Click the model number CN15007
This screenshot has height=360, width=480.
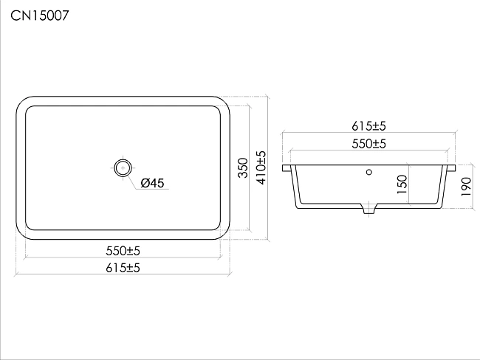coord(40,15)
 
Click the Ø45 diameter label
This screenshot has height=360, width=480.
coord(152,183)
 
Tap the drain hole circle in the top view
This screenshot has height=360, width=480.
coord(123,168)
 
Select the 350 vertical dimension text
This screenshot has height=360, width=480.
coord(243,167)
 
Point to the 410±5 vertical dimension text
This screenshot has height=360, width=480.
coord(261,167)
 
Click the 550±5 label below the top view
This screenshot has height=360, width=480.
coord(123,251)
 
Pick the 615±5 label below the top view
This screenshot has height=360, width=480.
coord(123,268)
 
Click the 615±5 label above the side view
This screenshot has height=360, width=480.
coord(368,126)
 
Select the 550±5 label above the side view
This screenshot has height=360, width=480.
coord(368,144)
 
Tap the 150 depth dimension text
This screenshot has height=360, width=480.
coord(402,184)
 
